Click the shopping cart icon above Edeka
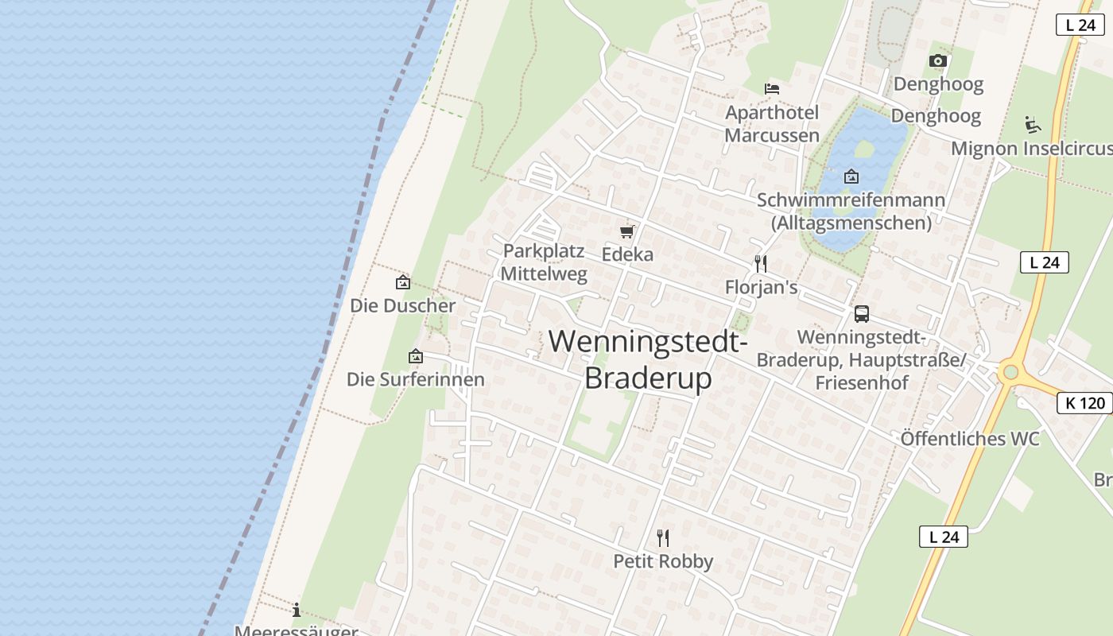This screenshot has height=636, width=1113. pos(627,231)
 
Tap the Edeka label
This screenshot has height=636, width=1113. pos(627,254)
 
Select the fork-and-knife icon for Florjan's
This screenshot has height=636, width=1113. pos(761,263)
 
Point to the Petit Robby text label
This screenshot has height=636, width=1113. pos(663,561)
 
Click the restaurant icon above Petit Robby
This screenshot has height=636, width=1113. pos(663,538)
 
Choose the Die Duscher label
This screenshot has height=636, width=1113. pos(403,305)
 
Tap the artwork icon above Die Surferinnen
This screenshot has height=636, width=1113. pos(415,356)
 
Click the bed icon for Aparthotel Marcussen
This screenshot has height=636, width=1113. pos(771,88)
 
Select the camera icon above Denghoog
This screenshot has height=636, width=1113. pos(938,60)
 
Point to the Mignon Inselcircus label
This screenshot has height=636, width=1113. pos(1032,149)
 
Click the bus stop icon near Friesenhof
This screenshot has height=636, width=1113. pos(862,313)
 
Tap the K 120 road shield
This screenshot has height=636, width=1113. pos(1085,403)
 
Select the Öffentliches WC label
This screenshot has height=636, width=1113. pos(970,439)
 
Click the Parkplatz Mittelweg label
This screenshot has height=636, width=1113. pos(545,263)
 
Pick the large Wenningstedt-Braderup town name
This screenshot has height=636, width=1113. pos(648,359)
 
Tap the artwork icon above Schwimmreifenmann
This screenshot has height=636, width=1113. pos(851,176)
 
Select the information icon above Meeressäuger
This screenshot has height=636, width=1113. pos(297,610)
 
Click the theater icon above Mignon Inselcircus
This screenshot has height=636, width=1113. pos(1033,124)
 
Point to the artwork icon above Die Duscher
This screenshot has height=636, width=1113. pos(403,282)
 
